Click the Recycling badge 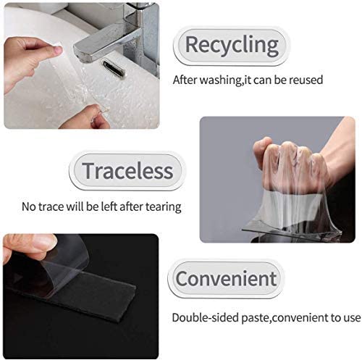click(x=231, y=45)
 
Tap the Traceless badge click(x=127, y=170)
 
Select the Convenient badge click(x=226, y=278)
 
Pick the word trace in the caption click(x=55, y=207)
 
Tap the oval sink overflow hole click(x=114, y=68)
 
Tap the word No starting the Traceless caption click(x=30, y=207)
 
